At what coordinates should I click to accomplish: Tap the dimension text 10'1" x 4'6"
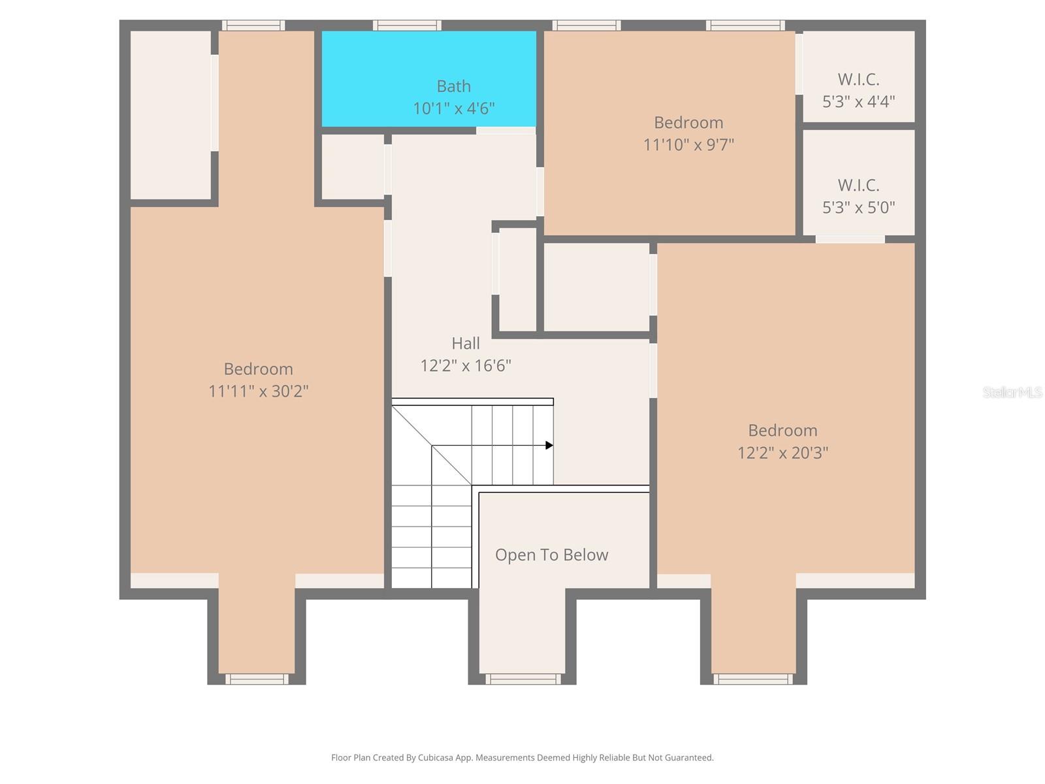click(453, 108)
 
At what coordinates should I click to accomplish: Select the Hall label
click(466, 343)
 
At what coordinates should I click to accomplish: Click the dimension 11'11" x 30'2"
click(258, 391)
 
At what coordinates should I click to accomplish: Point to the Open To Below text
click(551, 555)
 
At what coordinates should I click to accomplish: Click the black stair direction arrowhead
click(549, 446)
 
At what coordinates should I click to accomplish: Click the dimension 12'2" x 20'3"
click(782, 453)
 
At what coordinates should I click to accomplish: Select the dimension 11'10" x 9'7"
click(688, 144)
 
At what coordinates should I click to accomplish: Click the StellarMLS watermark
click(1012, 392)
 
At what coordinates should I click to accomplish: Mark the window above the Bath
click(407, 25)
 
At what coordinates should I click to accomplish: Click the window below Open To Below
click(522, 679)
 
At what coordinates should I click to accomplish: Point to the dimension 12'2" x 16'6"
click(465, 366)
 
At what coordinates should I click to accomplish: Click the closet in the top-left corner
click(170, 114)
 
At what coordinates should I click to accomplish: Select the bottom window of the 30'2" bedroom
click(257, 679)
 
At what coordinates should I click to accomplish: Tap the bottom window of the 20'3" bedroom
click(753, 679)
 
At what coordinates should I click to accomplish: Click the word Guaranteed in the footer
click(689, 758)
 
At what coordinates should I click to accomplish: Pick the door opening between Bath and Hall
click(506, 131)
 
